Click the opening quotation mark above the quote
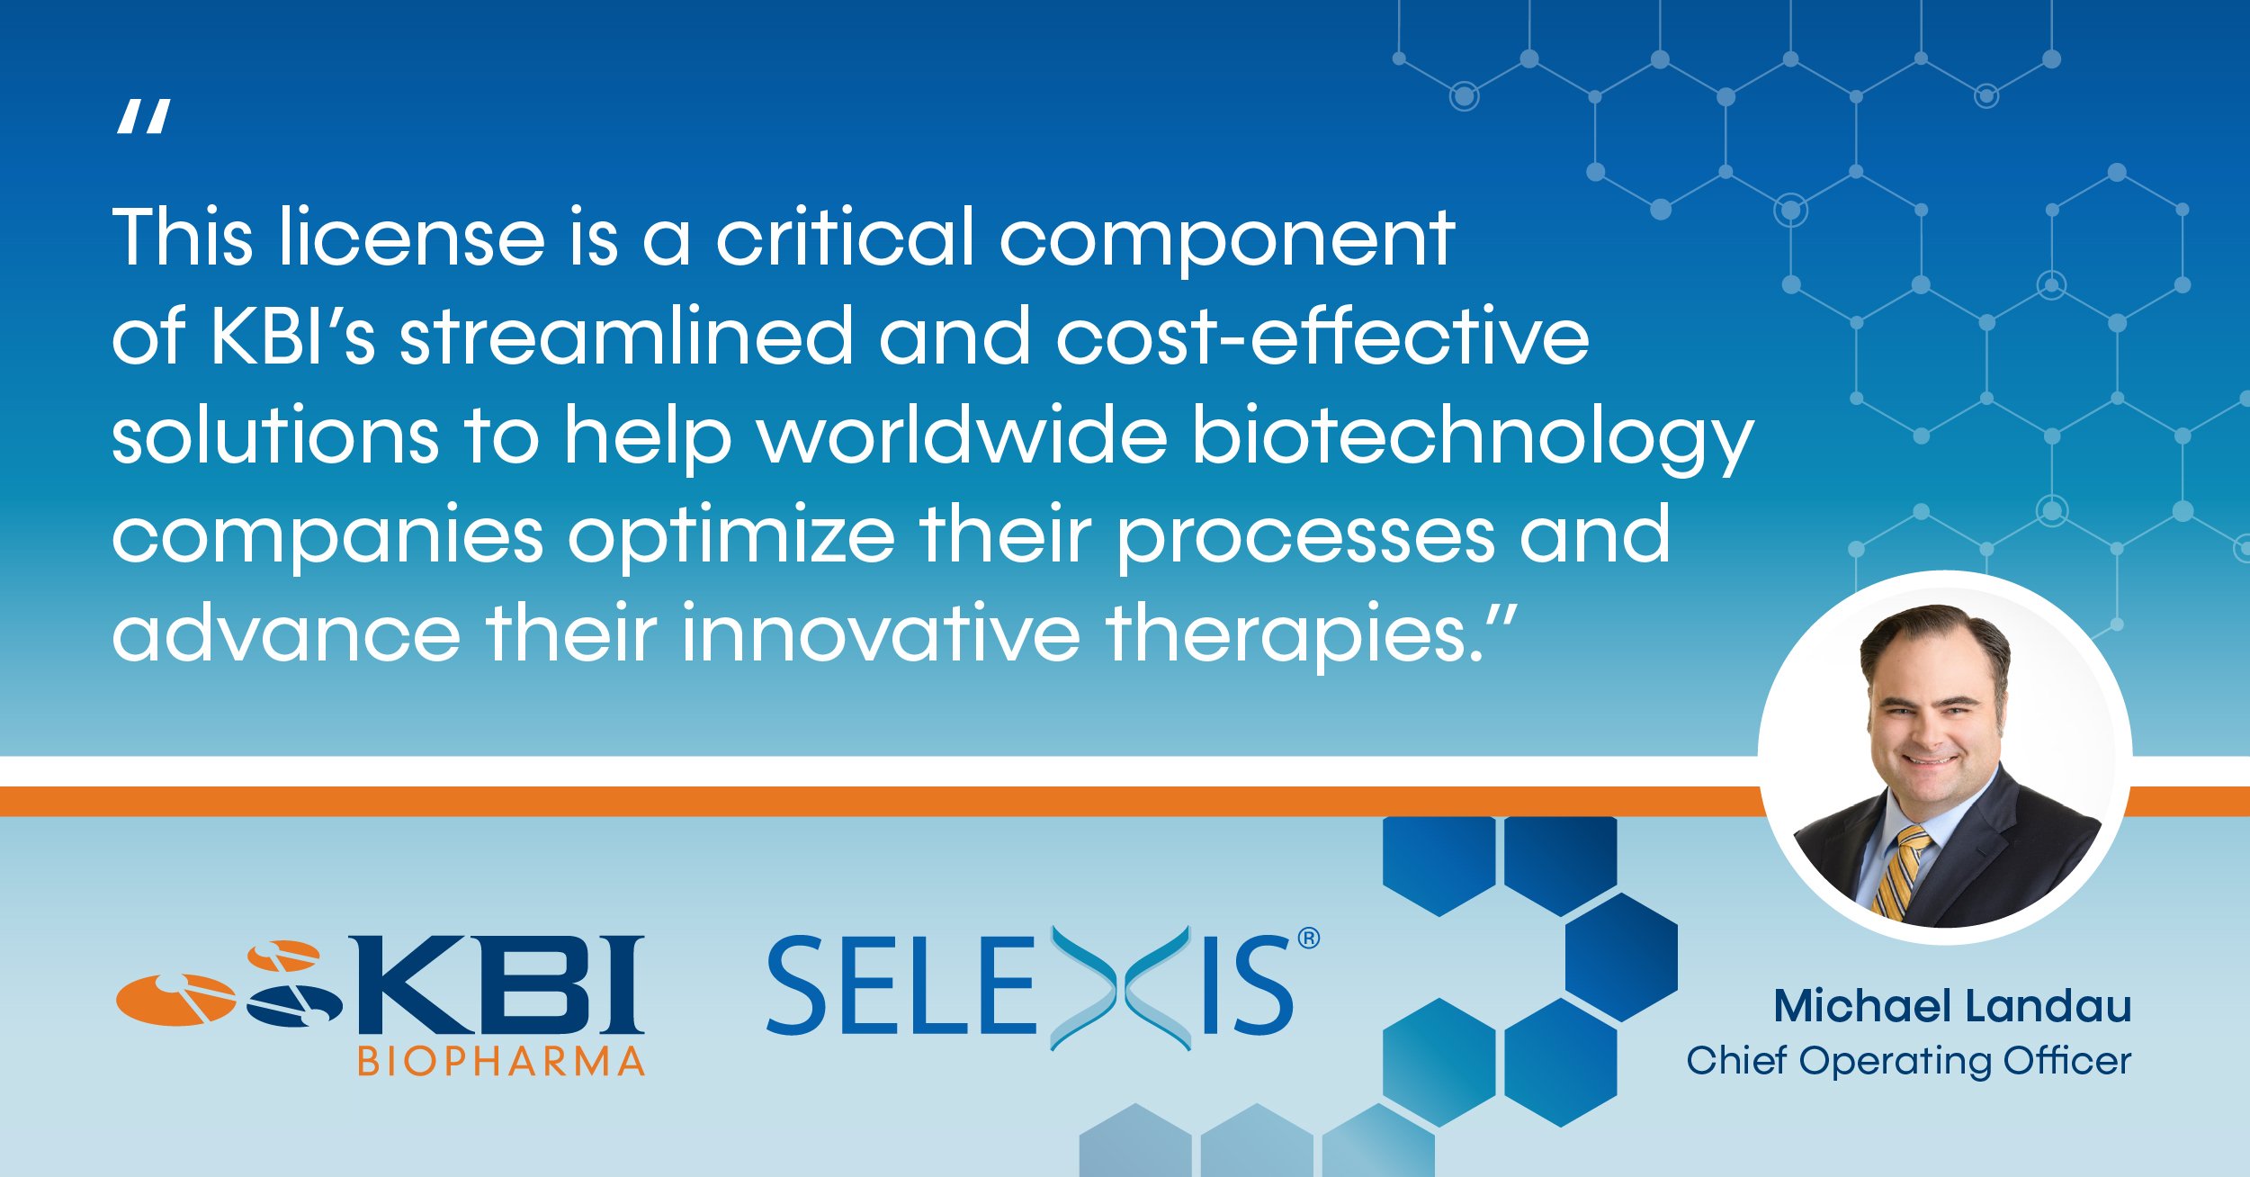pos(143,118)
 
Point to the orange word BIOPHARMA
pos(501,1062)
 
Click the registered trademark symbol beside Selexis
pos(1309,939)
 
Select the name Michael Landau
pos(1952,1005)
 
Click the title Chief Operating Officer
pos(1909,1061)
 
